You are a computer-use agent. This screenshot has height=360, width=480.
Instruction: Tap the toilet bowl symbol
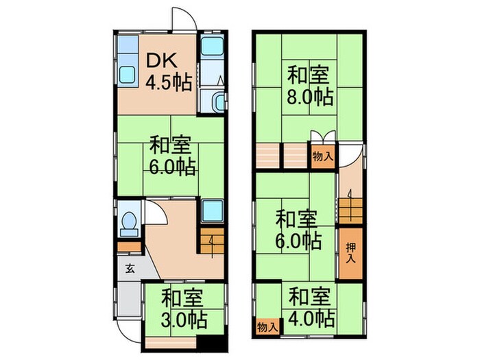pos(128,223)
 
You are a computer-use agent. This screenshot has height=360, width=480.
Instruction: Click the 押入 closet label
pos(350,253)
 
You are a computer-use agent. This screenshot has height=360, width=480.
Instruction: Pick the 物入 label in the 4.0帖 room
pos(267,327)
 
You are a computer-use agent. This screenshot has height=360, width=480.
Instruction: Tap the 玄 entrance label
pos(130,268)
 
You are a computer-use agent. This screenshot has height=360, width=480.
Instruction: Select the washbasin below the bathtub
pos(217,102)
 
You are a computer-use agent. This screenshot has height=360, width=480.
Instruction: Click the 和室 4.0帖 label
pos(310,308)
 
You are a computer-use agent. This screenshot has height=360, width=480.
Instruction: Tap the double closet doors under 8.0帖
pos(322,136)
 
